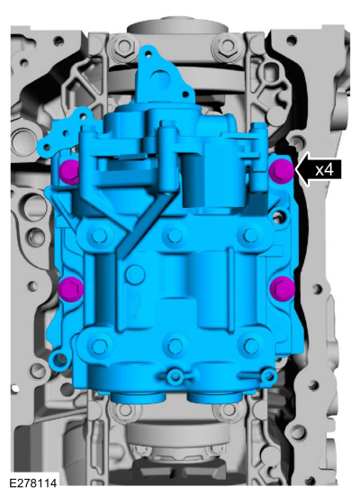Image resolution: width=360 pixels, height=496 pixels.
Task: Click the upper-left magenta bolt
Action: pos(69,171)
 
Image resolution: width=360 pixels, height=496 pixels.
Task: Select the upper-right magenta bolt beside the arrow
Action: pos(281,171)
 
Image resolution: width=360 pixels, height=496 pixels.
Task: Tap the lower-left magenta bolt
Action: pos(71,287)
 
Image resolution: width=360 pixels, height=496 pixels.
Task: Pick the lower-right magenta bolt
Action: pos(283,286)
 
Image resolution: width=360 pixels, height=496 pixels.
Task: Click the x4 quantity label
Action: pos(325,170)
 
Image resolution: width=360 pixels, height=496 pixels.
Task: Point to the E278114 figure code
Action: pos(33,483)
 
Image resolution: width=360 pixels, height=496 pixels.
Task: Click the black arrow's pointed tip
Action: pos(295,170)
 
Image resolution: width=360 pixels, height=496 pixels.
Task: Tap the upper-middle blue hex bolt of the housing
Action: pos(174,235)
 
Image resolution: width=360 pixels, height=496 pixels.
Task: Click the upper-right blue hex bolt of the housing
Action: pos(251,235)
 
